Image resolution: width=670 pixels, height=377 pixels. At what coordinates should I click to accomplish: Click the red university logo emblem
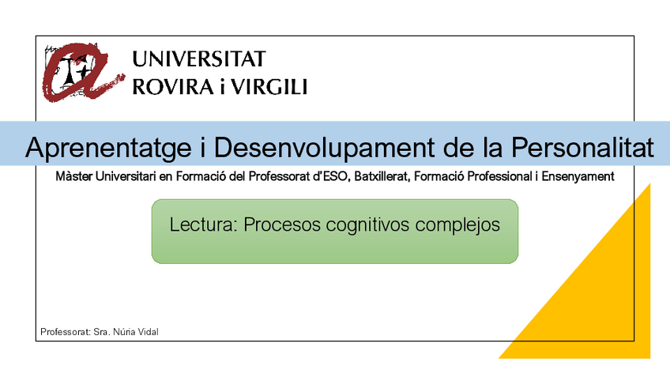81,72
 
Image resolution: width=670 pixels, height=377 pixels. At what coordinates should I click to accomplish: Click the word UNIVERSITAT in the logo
199,59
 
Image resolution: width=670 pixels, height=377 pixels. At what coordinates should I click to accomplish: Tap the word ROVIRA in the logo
173,87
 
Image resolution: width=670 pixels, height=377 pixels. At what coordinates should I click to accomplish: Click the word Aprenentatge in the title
108,149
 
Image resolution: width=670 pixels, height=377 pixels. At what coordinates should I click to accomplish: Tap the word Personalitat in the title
582,148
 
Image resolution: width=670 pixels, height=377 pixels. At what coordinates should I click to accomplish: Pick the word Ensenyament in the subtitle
578,176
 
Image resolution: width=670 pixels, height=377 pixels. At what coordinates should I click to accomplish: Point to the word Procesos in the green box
282,224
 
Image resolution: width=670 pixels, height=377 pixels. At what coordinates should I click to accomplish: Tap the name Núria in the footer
124,332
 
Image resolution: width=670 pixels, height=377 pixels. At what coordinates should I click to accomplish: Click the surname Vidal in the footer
148,332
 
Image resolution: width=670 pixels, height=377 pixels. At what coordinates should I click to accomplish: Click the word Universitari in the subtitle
126,176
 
